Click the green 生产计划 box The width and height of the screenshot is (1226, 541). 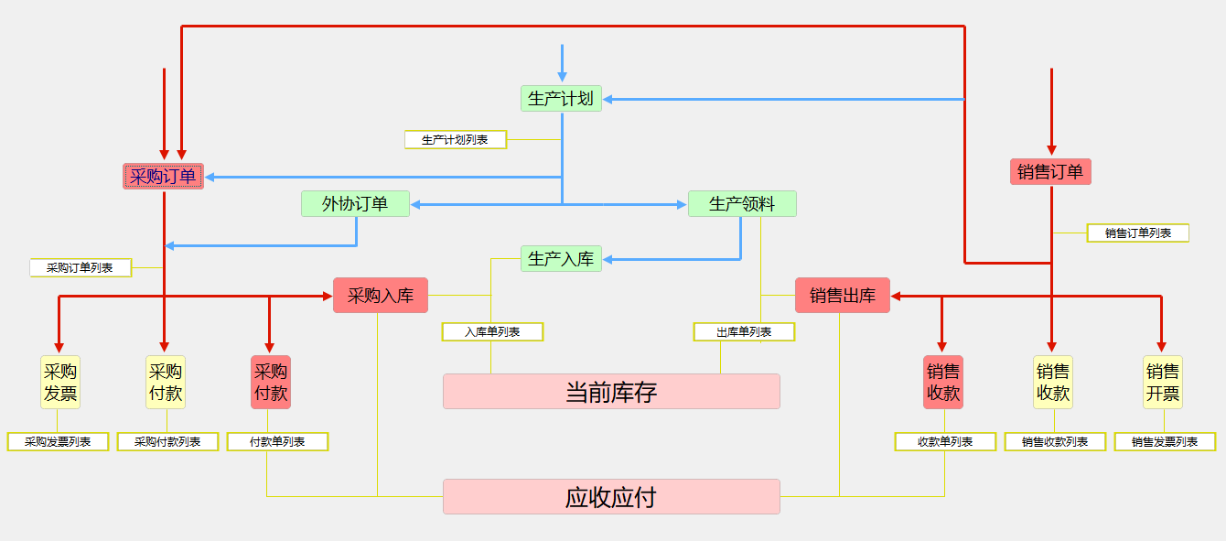pyautogui.click(x=561, y=98)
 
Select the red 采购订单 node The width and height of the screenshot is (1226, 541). pyautogui.click(x=163, y=176)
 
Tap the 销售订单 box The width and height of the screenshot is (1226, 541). pyautogui.click(x=1050, y=171)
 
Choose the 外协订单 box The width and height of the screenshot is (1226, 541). pyautogui.click(x=355, y=203)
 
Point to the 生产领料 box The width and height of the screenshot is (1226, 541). pyautogui.click(x=742, y=203)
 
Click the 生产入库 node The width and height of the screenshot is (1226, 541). pyautogui.click(x=561, y=258)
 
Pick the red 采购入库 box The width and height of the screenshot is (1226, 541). pyautogui.click(x=380, y=295)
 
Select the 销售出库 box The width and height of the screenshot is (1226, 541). pyautogui.click(x=842, y=295)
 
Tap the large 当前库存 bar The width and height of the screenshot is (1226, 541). pyautogui.click(x=611, y=392)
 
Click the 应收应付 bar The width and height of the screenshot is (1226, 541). pyautogui.click(x=611, y=497)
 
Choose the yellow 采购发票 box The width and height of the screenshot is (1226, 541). pyautogui.click(x=59, y=382)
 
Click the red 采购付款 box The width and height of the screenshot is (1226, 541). pyautogui.click(x=270, y=382)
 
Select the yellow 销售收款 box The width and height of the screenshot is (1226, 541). pyautogui.click(x=1052, y=382)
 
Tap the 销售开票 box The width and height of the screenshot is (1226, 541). pyautogui.click(x=1162, y=382)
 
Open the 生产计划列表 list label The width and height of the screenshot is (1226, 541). pyautogui.click(x=455, y=139)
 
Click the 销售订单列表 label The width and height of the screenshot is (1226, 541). pyautogui.click(x=1137, y=233)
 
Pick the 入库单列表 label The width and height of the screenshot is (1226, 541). pyautogui.click(x=492, y=331)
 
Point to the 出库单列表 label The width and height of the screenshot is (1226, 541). pyautogui.click(x=744, y=331)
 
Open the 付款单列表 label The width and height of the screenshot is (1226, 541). pyautogui.click(x=277, y=441)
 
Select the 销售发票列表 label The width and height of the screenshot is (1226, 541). pyautogui.click(x=1165, y=441)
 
